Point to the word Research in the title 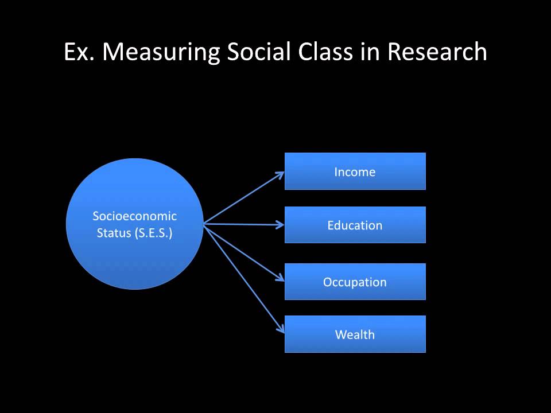pos(437,52)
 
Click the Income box pos(355,171)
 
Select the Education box pos(355,225)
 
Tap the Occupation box pos(355,282)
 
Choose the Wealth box pos(355,334)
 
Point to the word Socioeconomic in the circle pos(134,216)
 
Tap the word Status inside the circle pos(114,233)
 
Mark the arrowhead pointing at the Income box pos(281,174)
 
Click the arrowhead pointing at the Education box pos(281,225)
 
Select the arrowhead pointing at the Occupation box pos(281,278)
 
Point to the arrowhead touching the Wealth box pos(281,329)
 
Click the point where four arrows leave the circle pos(204,224)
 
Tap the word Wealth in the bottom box pos(355,334)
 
